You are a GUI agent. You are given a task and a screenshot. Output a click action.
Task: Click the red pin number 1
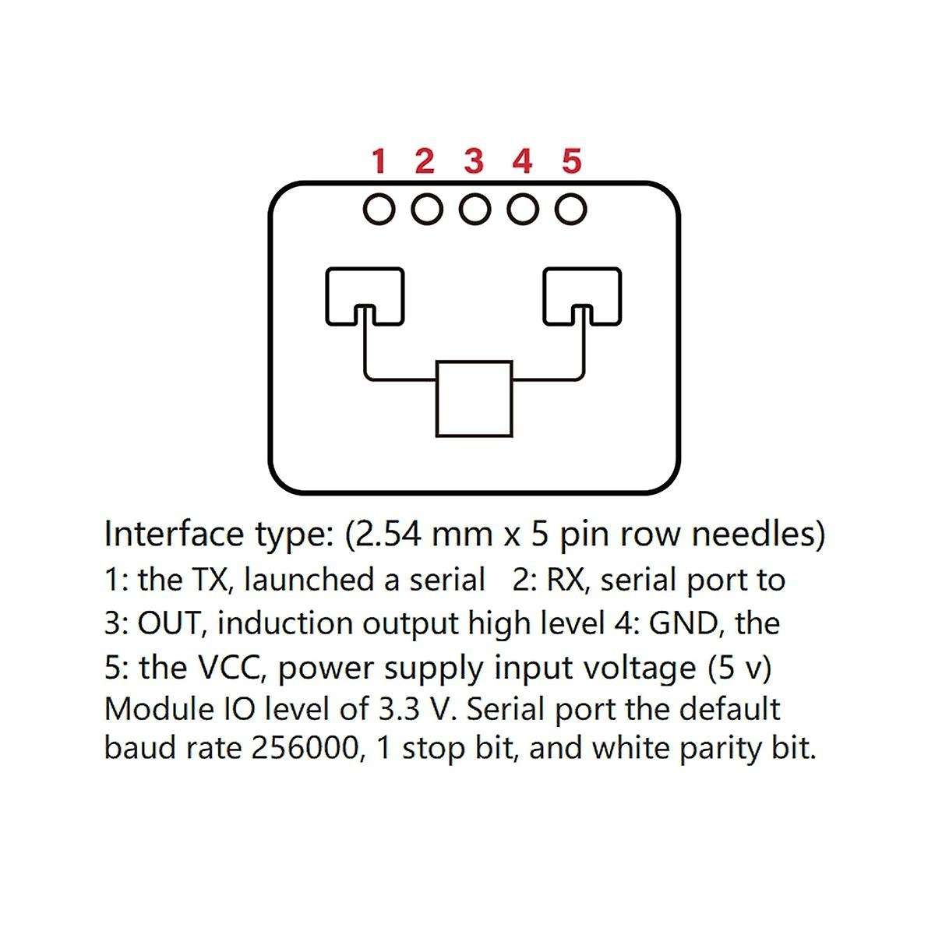tap(379, 161)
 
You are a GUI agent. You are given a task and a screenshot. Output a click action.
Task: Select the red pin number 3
tap(474, 161)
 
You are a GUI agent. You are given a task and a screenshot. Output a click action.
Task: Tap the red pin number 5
tap(571, 161)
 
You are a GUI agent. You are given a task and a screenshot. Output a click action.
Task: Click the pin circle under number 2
tap(426, 209)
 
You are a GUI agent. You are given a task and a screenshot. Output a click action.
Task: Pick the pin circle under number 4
tap(524, 209)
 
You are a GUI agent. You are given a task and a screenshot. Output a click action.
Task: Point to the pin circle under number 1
tap(379, 209)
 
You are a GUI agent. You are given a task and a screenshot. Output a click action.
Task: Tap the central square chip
tap(474, 398)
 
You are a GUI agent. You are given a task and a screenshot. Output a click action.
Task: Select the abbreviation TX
tap(210, 580)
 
